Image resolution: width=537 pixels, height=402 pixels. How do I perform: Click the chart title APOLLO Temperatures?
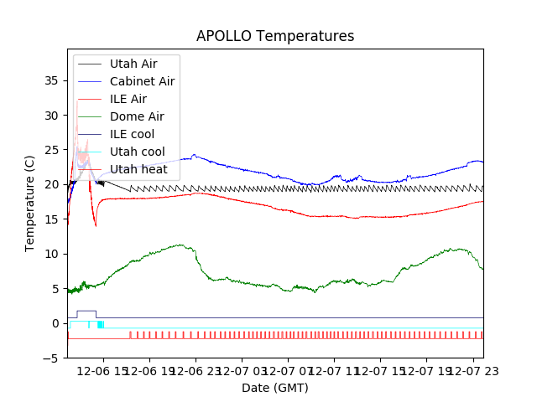275,36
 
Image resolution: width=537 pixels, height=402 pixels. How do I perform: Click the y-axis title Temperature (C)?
30,204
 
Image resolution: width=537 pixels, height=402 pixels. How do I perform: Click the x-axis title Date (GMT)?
275,388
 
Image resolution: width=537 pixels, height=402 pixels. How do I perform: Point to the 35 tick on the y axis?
53,80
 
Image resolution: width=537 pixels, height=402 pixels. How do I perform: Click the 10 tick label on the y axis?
53,254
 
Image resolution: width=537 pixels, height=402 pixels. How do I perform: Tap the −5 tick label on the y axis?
53,358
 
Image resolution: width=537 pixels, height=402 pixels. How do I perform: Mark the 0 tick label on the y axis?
56,323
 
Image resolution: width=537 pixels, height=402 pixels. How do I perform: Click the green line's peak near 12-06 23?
180,245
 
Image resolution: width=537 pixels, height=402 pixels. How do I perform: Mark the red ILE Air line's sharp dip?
96,225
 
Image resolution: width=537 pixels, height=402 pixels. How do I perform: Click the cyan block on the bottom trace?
101,324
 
